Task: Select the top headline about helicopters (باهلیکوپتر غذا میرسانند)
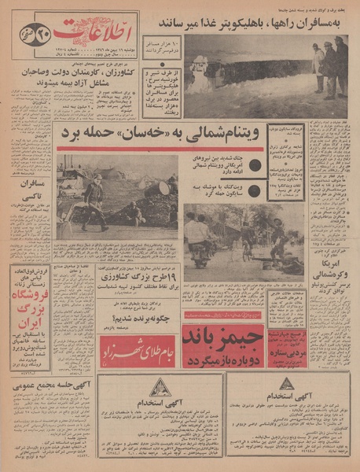252,21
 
